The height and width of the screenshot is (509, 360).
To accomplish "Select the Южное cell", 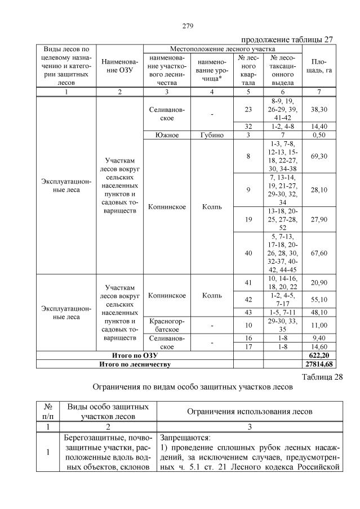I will click(166, 135).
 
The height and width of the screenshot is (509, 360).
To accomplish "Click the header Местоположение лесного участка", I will click(224, 49).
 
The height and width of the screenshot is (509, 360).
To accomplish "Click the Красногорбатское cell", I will click(166, 325).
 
